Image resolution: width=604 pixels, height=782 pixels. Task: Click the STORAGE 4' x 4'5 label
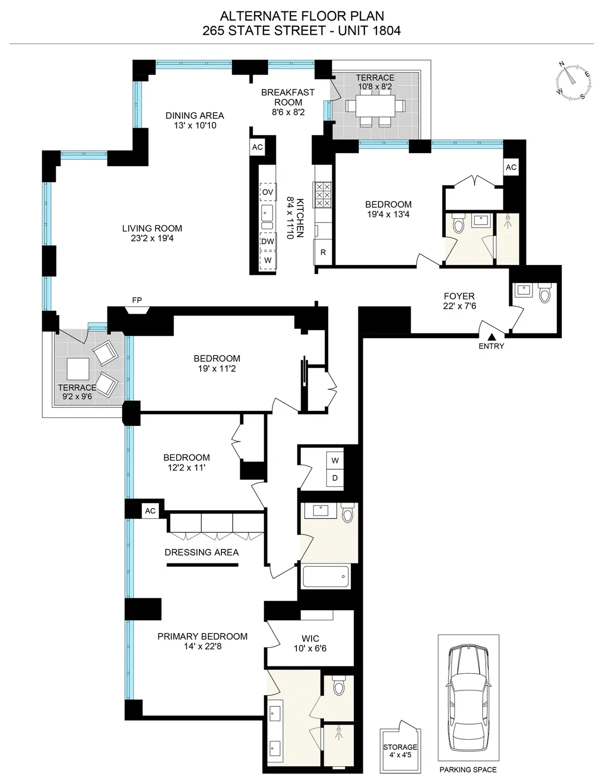click(x=400, y=751)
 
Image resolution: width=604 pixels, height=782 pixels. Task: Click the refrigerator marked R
click(x=323, y=252)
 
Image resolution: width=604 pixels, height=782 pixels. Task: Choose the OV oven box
click(x=268, y=192)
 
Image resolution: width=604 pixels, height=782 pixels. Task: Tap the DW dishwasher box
click(x=268, y=241)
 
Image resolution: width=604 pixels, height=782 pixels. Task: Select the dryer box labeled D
click(x=335, y=478)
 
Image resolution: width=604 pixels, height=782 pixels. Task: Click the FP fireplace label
click(x=137, y=300)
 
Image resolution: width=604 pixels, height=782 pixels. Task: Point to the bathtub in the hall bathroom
click(x=326, y=576)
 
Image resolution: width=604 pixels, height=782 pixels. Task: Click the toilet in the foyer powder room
click(x=544, y=293)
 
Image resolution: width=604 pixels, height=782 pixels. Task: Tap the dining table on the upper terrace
click(x=375, y=106)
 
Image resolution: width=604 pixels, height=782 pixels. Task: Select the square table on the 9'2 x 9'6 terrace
click(x=78, y=369)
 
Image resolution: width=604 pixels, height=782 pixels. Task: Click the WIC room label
click(x=310, y=638)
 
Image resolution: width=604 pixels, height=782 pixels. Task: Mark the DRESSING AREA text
click(x=201, y=552)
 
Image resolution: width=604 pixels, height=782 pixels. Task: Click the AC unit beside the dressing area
click(x=150, y=511)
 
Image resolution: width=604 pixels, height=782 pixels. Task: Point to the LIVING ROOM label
click(x=152, y=228)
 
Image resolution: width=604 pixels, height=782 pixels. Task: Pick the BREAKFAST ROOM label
click(x=288, y=97)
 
